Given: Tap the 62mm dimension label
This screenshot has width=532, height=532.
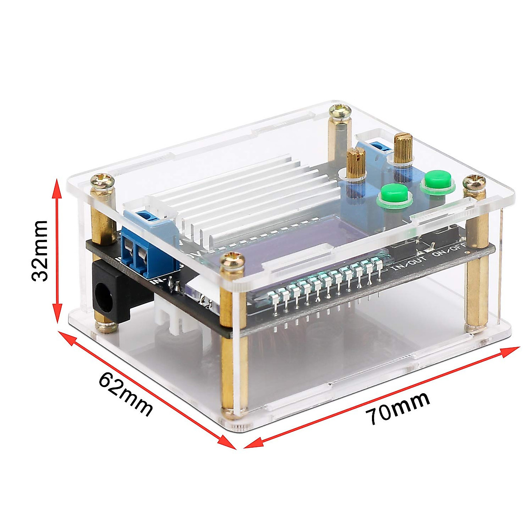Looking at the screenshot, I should (x=125, y=393).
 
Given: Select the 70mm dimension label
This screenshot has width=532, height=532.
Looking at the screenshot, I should (x=397, y=408).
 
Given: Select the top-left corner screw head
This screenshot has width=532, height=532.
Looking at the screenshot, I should (x=102, y=182).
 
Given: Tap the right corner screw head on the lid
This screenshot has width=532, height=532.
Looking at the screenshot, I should (x=475, y=184).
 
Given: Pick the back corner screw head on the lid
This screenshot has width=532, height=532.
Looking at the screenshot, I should (x=340, y=111).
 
